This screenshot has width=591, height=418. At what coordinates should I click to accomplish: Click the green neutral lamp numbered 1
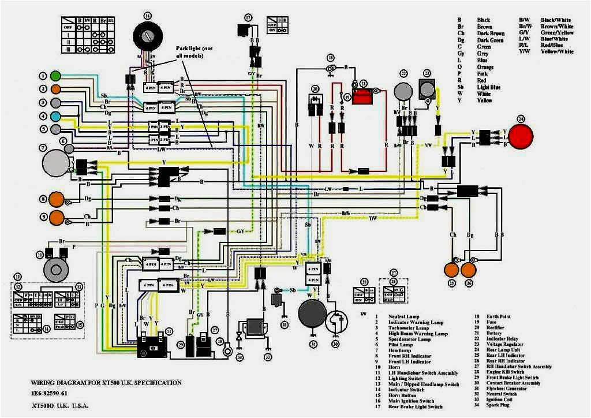pyautogui.click(x=56, y=76)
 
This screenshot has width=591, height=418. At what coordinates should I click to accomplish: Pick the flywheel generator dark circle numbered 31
pyautogui.click(x=313, y=316)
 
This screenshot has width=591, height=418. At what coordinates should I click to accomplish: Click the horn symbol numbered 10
pyautogui.click(x=57, y=266)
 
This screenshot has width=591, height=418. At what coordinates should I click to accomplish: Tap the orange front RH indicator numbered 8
pyautogui.click(x=57, y=199)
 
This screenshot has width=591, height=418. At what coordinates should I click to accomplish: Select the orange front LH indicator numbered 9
pyautogui.click(x=57, y=218)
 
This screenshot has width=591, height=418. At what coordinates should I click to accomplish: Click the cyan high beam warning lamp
pyautogui.click(x=56, y=116)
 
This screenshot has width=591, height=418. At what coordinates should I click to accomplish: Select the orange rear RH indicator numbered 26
pyautogui.click(x=468, y=269)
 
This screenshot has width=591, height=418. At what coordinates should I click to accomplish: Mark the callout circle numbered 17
pyautogui.click(x=248, y=18)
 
